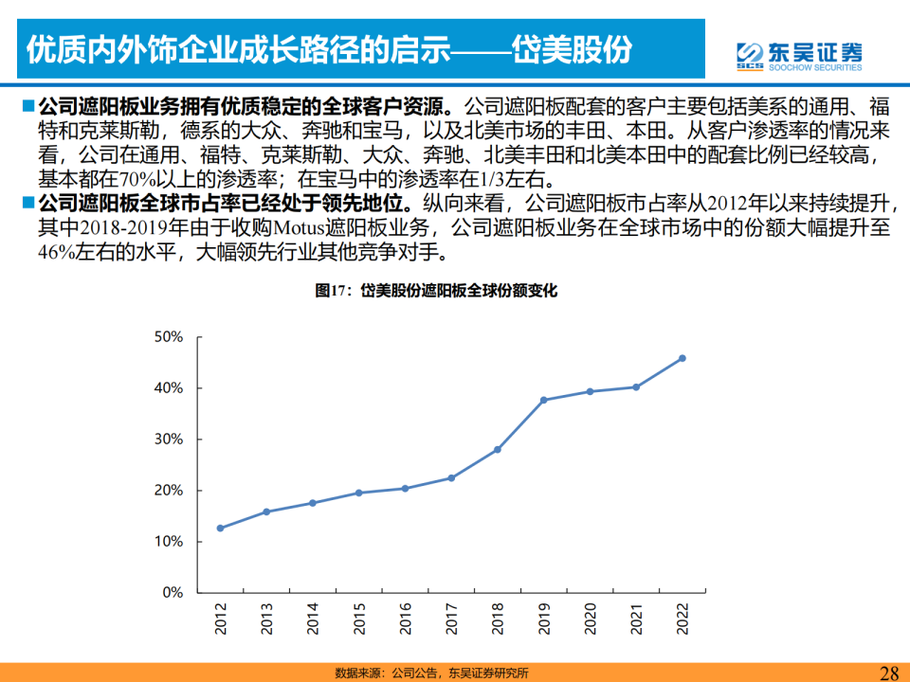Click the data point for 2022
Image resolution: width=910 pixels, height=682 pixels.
pyautogui.click(x=682, y=358)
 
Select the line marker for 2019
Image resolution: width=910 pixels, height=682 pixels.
pyautogui.click(x=543, y=400)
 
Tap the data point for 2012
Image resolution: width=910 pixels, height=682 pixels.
pyautogui.click(x=220, y=528)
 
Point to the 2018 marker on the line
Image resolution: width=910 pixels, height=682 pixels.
pyautogui.click(x=498, y=449)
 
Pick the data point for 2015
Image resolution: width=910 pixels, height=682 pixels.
pyautogui.click(x=358, y=493)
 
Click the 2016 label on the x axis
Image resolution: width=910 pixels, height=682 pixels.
pyautogui.click(x=405, y=619)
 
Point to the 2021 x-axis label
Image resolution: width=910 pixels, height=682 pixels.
pyautogui.click(x=636, y=619)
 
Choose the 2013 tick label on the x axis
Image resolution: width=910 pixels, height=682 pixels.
pyautogui.click(x=266, y=619)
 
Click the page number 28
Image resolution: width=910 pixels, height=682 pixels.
pyautogui.click(x=889, y=673)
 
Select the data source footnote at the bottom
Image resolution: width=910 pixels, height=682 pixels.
pyautogui.click(x=431, y=673)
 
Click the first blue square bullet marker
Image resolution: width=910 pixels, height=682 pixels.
pyautogui.click(x=27, y=105)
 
